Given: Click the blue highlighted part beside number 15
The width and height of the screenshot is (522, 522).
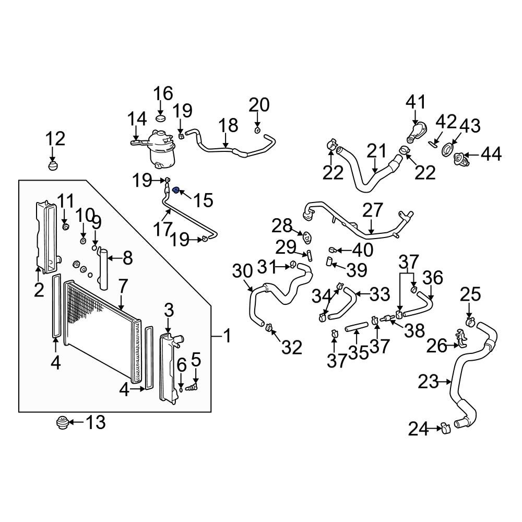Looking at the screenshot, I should (176, 190).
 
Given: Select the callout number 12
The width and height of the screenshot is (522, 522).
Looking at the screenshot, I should (55, 139).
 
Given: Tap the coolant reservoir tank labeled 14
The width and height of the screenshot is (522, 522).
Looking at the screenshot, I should (161, 148).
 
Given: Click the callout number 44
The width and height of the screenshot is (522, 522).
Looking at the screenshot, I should (491, 154).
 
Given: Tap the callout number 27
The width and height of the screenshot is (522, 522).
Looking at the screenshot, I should (373, 211).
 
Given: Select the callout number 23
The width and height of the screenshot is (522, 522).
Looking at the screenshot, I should (429, 383).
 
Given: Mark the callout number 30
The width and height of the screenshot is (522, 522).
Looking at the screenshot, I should (242, 271).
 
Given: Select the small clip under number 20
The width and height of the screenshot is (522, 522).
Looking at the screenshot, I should (258, 129).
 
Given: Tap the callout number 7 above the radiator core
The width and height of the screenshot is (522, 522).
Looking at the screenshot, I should (123, 286).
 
